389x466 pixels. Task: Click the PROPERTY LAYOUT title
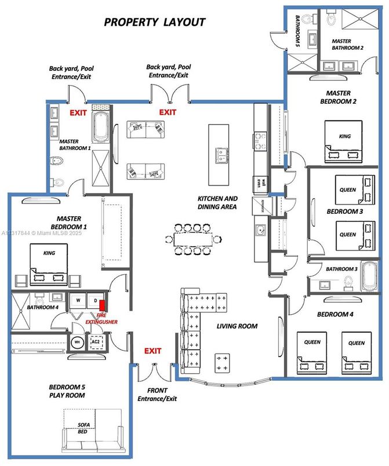[154, 23]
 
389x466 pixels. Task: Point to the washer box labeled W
[77, 301]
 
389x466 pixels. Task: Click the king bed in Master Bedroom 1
[48, 263]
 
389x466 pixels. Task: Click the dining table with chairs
[192, 238]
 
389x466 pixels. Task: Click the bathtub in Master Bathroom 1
[99, 129]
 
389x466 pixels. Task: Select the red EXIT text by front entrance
[152, 351]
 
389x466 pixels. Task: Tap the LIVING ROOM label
[237, 326]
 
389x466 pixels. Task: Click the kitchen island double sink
[221, 155]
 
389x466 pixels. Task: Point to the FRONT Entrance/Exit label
[157, 395]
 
